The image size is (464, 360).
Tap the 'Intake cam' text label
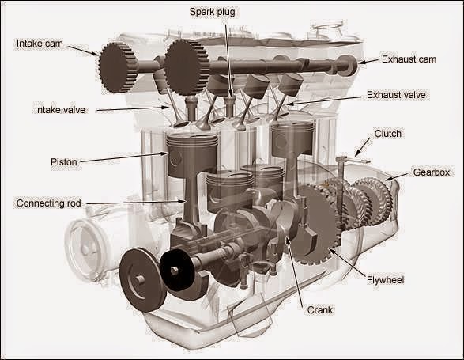pyautogui.click(x=40, y=42)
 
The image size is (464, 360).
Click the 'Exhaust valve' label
pyautogui.click(x=397, y=94)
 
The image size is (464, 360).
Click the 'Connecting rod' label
pyautogui.click(x=48, y=203)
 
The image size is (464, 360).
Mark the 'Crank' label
pyautogui.click(x=315, y=311)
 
